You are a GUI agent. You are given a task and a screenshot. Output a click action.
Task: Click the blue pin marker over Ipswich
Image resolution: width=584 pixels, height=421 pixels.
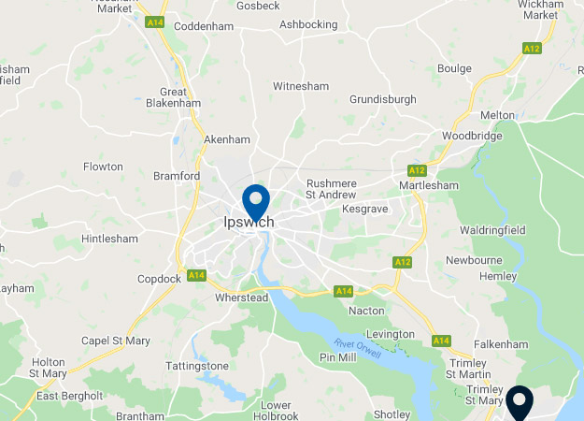point(256,200)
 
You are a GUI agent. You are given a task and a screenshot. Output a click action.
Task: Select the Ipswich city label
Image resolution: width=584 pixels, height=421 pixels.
point(249,223)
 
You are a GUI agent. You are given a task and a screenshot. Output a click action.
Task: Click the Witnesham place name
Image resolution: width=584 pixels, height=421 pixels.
point(301,86)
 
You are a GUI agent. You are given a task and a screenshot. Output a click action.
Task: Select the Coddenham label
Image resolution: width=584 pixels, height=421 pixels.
point(204,26)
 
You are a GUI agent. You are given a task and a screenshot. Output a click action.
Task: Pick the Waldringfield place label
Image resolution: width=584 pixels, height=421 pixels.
point(492,230)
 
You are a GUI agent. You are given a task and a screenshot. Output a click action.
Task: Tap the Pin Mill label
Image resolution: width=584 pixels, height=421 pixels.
point(340,357)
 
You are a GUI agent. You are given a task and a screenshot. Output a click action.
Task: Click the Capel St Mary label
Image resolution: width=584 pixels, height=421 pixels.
point(116,341)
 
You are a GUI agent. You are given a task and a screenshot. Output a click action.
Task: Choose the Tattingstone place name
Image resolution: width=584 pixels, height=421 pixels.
point(197,366)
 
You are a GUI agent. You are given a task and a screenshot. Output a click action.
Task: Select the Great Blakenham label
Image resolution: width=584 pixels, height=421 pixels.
point(180,98)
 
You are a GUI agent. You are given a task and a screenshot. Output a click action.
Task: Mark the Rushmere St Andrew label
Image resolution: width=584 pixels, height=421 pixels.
point(333,188)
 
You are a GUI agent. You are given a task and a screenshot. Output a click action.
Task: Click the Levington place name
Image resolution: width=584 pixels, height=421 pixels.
point(390,334)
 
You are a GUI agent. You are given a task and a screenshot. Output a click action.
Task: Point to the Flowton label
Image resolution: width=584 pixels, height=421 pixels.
point(103,167)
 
